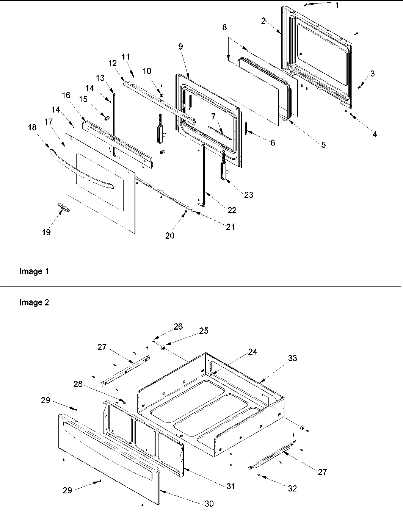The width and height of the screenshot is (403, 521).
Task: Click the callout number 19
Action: pyautogui.click(x=46, y=232)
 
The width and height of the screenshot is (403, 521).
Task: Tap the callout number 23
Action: pyautogui.click(x=249, y=195)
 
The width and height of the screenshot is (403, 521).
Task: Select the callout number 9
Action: pyautogui.click(x=180, y=46)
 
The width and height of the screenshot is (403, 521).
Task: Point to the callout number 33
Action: pyautogui.click(x=292, y=358)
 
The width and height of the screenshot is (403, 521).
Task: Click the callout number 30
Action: pyautogui.click(x=209, y=504)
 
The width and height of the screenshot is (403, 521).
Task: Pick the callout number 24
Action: pyautogui.click(x=252, y=352)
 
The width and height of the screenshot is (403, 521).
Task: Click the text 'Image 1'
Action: pyautogui.click(x=34, y=272)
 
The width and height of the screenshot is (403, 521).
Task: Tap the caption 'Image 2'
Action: pyautogui.click(x=34, y=303)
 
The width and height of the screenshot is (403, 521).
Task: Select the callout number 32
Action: pyautogui.click(x=292, y=488)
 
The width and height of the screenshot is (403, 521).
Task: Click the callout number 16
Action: pyautogui.click(x=66, y=95)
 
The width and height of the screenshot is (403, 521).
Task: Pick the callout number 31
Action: pyautogui.click(x=231, y=486)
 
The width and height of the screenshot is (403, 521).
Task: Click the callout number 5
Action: pyautogui.click(x=323, y=144)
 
